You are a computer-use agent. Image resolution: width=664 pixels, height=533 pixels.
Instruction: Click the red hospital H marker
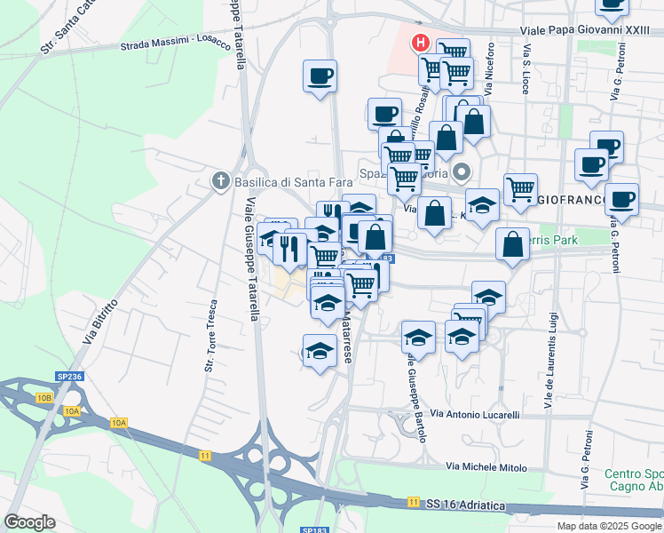[420, 43]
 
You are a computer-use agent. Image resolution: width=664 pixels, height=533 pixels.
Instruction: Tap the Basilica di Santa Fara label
[278, 182]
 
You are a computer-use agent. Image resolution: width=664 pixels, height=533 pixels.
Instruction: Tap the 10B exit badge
[44, 399]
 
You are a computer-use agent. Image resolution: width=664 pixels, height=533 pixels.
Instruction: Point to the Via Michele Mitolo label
[486, 466]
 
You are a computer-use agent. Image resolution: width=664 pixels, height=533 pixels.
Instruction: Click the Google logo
[31, 522]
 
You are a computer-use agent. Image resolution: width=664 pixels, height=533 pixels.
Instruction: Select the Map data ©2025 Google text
[608, 526]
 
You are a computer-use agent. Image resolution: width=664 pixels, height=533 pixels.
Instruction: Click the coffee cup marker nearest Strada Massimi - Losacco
[320, 76]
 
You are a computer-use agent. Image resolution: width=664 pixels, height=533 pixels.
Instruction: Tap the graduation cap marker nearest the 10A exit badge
[320, 351]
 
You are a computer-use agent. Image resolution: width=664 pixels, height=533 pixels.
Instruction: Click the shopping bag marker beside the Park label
[513, 246]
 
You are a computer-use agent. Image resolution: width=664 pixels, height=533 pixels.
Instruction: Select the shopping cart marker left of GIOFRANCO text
[520, 189]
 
